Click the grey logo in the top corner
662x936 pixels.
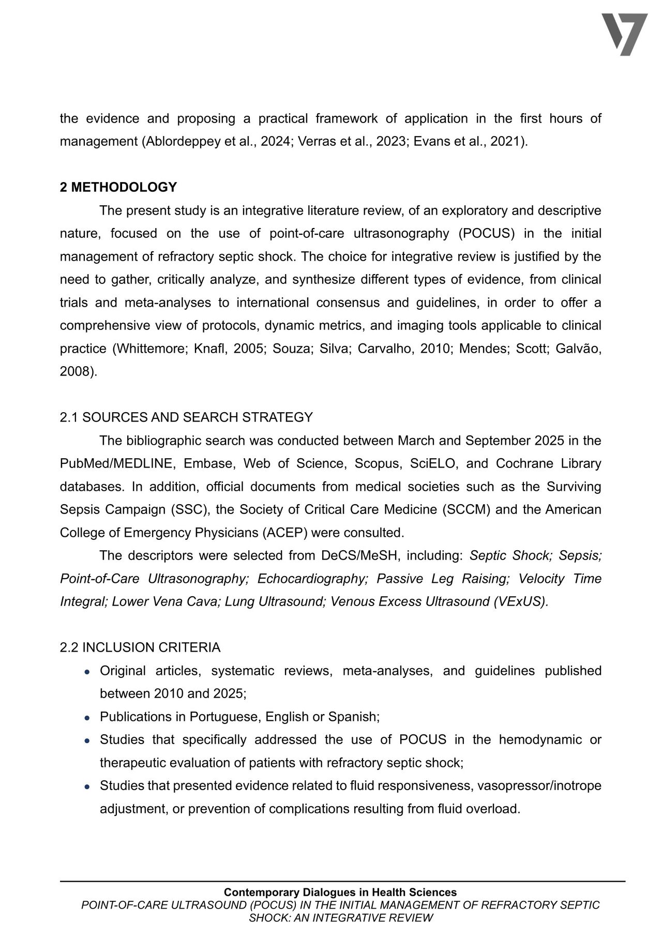point(624,34)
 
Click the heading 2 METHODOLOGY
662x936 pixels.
point(118,187)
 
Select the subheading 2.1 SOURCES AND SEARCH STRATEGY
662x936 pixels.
point(186,417)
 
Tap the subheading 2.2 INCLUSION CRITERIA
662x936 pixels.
point(140,647)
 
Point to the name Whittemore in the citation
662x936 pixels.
point(149,349)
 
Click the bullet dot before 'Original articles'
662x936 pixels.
point(88,671)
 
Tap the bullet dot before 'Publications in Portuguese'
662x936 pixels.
point(88,717)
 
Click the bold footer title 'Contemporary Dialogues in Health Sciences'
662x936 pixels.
point(340,892)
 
